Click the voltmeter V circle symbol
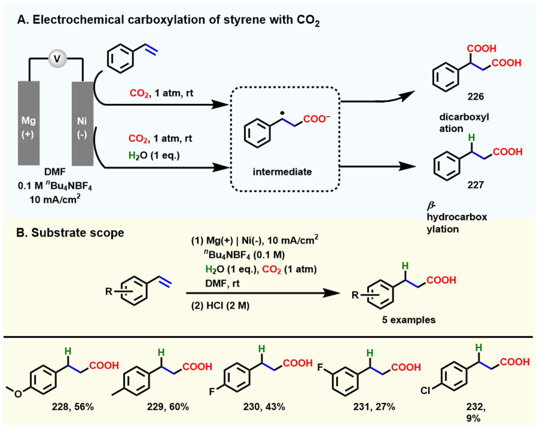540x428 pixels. tap(57, 59)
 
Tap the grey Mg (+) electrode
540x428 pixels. tap(29, 123)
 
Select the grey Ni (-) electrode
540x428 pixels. tap(82, 123)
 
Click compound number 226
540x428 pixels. tap(475, 97)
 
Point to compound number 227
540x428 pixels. tap(475, 185)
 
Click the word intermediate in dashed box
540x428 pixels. tap(282, 172)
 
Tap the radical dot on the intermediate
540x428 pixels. tap(282, 113)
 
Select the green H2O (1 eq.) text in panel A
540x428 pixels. tap(154, 155)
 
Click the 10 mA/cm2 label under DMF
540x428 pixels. tap(55, 200)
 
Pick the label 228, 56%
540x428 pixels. tap(73, 407)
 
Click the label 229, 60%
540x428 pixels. tap(168, 407)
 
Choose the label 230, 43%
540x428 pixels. tap(264, 407)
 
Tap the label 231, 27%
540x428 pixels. tap(374, 407)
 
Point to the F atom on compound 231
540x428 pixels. tap(320, 367)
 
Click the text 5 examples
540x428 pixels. tap(409, 320)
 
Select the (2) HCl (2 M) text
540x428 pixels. tap(220, 306)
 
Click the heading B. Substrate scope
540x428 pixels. tap(70, 233)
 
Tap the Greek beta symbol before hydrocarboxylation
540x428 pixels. tap(431, 206)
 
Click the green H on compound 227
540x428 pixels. tap(471, 138)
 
